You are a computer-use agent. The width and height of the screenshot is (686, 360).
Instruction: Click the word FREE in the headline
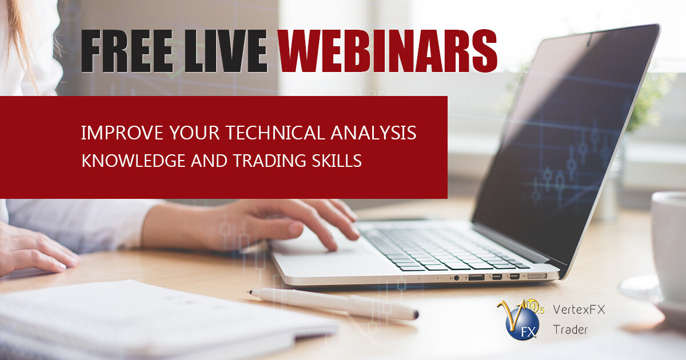point(127,51)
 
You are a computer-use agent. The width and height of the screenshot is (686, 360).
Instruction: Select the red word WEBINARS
point(388,51)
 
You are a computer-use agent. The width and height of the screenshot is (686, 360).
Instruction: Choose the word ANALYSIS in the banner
point(373,133)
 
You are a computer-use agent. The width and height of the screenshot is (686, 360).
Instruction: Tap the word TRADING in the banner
point(269,161)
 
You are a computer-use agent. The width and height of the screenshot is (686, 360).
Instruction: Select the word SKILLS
point(337,161)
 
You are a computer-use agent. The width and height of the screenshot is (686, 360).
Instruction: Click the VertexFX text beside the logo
point(579,310)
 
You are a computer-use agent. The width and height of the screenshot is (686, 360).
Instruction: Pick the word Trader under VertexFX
point(571,330)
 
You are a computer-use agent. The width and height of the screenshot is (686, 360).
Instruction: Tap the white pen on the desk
point(334,303)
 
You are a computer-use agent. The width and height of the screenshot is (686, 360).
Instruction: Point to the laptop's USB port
point(476,278)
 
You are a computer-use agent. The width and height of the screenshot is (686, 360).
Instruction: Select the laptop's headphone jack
point(457,278)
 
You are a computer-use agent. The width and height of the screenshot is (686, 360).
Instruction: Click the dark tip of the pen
point(416,314)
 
